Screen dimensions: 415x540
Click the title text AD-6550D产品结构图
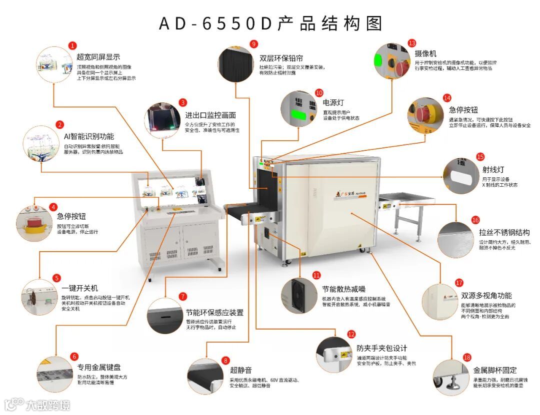pos(270,23)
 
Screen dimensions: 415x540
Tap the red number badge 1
pos(73,45)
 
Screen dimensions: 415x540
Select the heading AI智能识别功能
pos(88,136)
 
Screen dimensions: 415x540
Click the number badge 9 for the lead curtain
pos(253,43)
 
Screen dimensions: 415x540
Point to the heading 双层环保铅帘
pos(281,58)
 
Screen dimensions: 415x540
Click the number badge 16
pos(475,220)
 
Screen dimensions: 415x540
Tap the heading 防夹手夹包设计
pos(382,348)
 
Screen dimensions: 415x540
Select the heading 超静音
pos(241,370)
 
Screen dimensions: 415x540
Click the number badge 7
pos(182,296)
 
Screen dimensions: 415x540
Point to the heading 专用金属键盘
pos(98,367)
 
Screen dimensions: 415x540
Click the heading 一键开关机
pos(80,288)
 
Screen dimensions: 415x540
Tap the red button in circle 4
pos(34,222)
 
